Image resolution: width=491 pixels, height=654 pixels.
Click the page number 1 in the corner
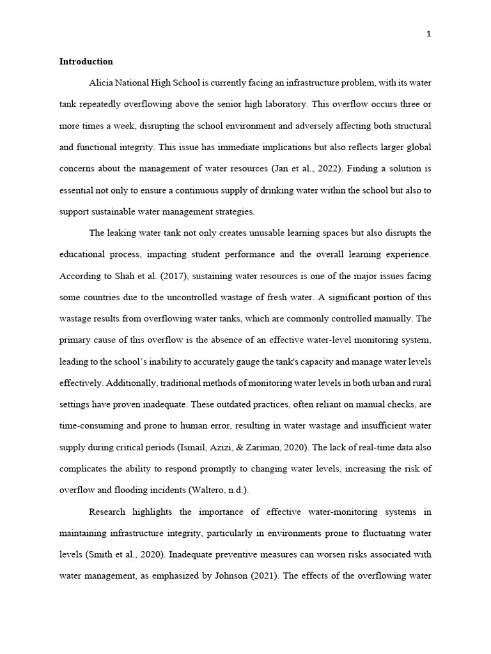point(429,34)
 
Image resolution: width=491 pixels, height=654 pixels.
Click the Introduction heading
point(86,62)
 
